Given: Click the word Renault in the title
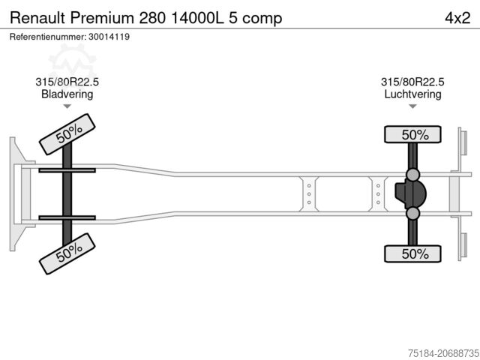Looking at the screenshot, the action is pyautogui.click(x=37, y=18).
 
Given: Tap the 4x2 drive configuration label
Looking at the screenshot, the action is pyautogui.click(x=457, y=18).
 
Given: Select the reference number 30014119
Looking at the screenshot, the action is pyautogui.click(x=109, y=37).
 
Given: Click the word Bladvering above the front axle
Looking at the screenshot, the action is pyautogui.click(x=67, y=94).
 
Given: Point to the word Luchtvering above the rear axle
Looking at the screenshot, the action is pyautogui.click(x=412, y=94).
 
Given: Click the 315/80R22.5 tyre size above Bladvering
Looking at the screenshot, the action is pyautogui.click(x=67, y=82).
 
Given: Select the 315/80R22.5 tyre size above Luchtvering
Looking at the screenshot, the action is pyautogui.click(x=412, y=82).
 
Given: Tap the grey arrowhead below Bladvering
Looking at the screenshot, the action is pyautogui.click(x=67, y=106).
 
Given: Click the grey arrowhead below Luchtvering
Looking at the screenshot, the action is pyautogui.click(x=412, y=106).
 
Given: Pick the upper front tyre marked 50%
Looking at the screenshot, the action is pyautogui.click(x=67, y=134).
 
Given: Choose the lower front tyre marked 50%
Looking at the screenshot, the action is pyautogui.click(x=67, y=253).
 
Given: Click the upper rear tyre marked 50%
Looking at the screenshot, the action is pyautogui.click(x=412, y=134).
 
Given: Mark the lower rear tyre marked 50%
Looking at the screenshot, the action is pyautogui.click(x=412, y=253).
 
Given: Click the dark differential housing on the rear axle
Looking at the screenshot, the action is pyautogui.click(x=410, y=194).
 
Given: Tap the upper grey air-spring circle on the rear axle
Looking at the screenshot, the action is pyautogui.click(x=412, y=175).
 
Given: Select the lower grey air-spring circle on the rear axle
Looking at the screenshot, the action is pyautogui.click(x=412, y=213).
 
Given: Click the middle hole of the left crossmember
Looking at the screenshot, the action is pyautogui.click(x=309, y=194).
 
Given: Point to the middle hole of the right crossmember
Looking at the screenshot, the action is pyautogui.click(x=378, y=194).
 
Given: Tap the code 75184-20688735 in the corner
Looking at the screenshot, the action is pyautogui.click(x=443, y=353).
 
